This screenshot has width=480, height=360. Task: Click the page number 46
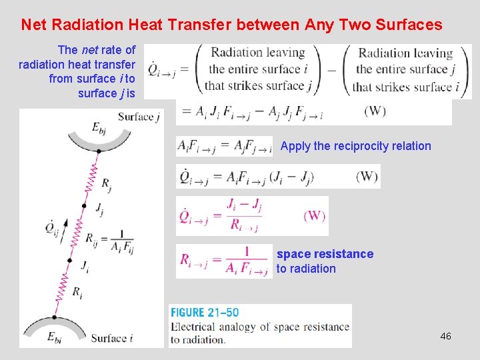(445, 336)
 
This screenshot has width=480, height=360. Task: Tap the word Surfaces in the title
(409, 25)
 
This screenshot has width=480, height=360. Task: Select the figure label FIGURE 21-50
(205, 313)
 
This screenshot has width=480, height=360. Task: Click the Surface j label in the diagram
(139, 117)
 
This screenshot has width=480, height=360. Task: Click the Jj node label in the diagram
(99, 211)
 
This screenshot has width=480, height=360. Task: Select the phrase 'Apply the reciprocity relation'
(355, 146)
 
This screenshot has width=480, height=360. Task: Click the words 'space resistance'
(325, 254)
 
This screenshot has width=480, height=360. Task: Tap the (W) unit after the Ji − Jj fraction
(314, 216)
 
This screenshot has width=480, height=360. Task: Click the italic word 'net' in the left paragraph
(91, 50)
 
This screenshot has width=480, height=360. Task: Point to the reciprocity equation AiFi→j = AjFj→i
(224, 146)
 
